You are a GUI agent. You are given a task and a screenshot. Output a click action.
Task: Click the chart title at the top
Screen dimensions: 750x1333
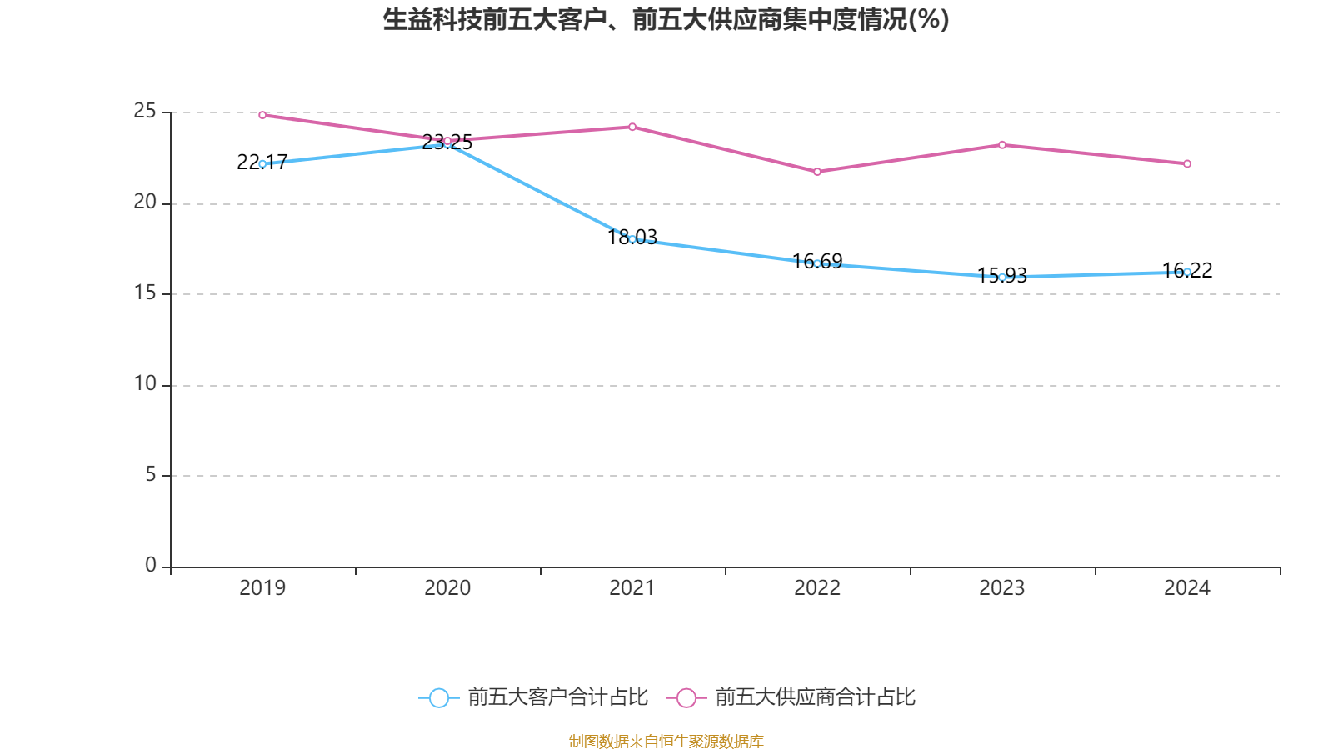tap(666, 19)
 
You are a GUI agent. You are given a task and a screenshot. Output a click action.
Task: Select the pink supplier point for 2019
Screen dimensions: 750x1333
tap(262, 115)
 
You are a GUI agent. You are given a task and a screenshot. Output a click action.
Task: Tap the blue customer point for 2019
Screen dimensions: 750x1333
tap(262, 164)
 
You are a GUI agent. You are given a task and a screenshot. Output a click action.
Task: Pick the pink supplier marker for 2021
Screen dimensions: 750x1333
tap(632, 127)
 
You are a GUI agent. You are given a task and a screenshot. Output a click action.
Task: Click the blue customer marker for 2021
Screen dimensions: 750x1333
tap(632, 239)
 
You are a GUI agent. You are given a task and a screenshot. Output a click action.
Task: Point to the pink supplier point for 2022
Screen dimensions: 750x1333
tap(817, 172)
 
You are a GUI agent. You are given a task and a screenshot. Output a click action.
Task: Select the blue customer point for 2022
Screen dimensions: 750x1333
tap(817, 263)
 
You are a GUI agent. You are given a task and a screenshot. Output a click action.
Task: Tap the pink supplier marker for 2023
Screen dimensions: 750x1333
tap(1002, 145)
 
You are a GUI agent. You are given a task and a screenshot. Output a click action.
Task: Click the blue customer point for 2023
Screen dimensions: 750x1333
tap(1002, 277)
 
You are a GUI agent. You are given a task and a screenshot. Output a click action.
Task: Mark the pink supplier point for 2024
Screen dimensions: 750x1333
tap(1187, 164)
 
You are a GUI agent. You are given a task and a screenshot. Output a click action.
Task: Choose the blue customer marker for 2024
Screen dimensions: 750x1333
tap(1187, 272)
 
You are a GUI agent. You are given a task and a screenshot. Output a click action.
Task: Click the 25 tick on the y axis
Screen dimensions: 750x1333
tap(145, 111)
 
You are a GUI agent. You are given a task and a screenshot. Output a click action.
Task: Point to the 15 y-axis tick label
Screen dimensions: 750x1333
tap(145, 292)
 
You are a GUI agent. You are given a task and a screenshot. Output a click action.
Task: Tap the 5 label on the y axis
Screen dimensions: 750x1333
tap(151, 474)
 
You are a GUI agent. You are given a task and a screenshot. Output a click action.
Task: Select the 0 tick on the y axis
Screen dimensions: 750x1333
tap(151, 565)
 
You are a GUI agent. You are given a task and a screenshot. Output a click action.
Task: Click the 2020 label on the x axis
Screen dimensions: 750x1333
tap(447, 588)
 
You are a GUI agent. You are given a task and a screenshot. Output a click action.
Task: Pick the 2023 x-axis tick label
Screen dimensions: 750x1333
tap(1002, 588)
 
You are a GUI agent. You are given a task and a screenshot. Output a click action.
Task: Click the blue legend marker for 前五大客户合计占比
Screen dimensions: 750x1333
tap(439, 698)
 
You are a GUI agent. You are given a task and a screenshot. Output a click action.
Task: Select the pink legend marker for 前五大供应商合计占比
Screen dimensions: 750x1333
tap(686, 698)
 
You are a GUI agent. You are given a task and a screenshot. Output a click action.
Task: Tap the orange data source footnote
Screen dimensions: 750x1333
tap(666, 741)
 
